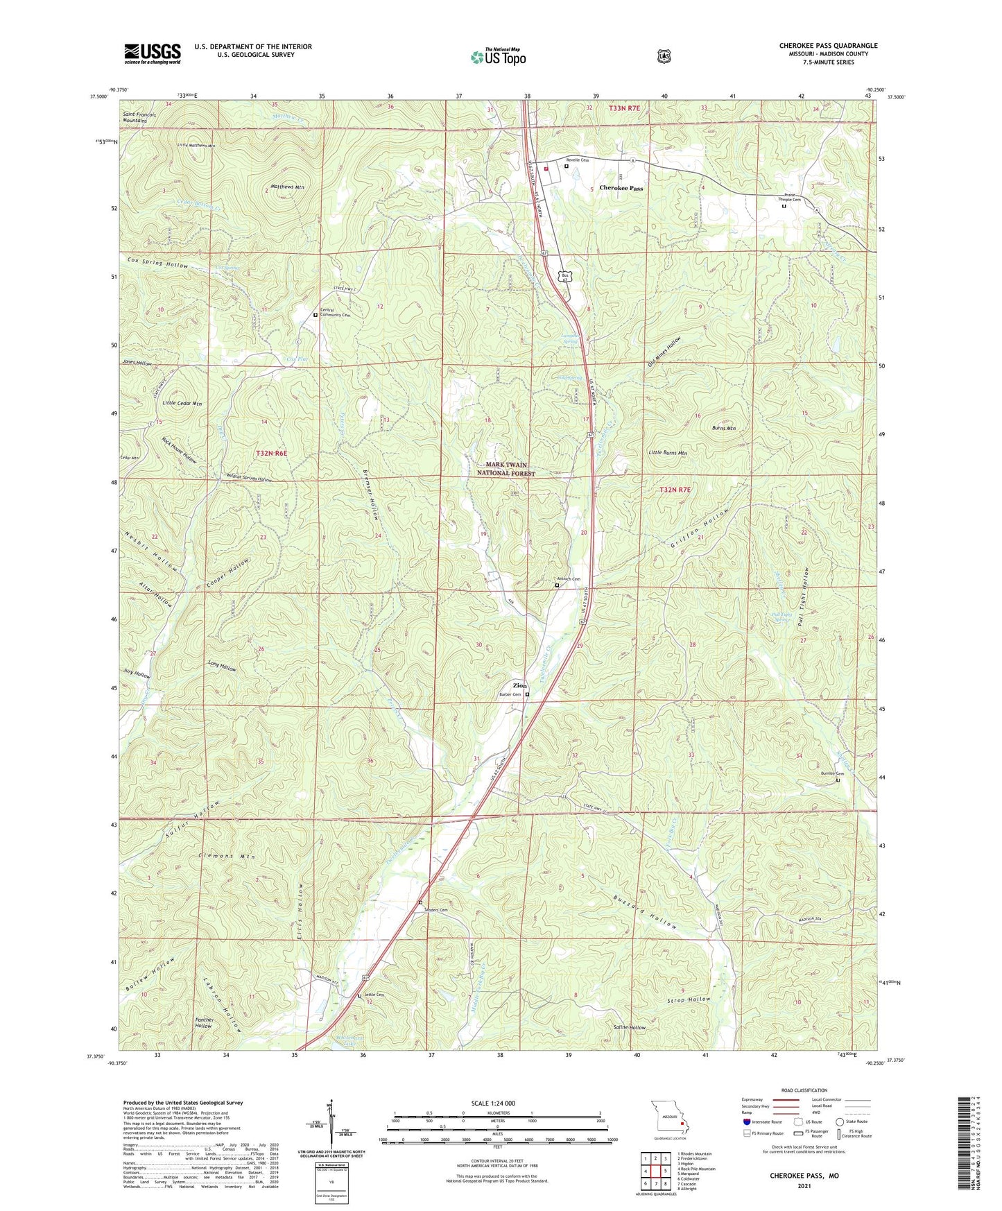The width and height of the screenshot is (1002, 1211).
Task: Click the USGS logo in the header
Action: pos(153,53)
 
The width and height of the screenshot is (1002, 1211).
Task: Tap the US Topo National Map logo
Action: pos(498,56)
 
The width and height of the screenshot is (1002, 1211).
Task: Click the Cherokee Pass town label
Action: pos(621,188)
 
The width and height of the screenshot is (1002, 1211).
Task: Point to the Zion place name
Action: pos(519,685)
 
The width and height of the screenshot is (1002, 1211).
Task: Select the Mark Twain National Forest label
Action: pos(506,469)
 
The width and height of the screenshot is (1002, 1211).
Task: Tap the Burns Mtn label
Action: pos(723,428)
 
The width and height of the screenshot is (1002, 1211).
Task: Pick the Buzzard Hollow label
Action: pos(644,911)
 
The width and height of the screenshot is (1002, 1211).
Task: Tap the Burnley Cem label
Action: pos(832,773)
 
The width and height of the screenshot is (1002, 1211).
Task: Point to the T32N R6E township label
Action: pos(270,452)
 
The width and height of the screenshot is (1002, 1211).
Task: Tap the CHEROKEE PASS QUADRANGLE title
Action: pos(828,46)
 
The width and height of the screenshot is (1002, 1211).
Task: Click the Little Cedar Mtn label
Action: pos(182,403)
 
